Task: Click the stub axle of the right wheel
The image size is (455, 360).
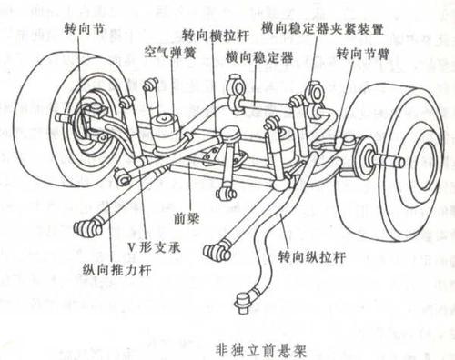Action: click(x=393, y=162)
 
